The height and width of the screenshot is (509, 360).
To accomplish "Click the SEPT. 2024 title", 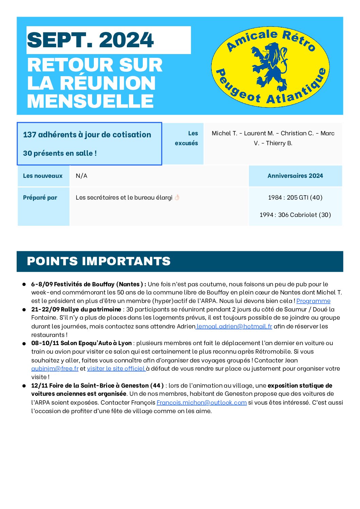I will [90, 40].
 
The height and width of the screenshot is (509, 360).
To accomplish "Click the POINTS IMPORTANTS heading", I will [99, 261].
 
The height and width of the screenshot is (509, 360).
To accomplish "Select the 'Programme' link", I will [313, 301].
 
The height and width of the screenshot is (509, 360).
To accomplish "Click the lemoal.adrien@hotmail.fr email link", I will [234, 326].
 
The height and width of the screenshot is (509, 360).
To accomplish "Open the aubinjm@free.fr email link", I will [55, 369].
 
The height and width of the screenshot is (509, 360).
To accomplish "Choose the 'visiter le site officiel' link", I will [116, 369].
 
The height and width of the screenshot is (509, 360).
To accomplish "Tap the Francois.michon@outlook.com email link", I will [202, 403].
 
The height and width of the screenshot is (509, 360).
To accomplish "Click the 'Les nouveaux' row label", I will [43, 176].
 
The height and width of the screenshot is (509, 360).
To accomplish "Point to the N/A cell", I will [82, 176].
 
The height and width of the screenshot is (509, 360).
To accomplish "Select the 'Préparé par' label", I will [40, 198].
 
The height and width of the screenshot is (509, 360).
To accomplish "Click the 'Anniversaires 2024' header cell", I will [295, 176].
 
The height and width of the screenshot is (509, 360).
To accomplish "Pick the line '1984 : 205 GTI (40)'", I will [295, 198].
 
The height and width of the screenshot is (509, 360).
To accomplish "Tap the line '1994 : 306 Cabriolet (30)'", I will [295, 215].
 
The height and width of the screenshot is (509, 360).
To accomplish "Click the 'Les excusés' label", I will [187, 138].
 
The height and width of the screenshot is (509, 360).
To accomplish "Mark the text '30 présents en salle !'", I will [60, 153].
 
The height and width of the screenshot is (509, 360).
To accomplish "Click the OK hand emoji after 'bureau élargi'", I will [177, 198].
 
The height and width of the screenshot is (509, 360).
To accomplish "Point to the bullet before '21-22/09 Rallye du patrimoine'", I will [24, 310].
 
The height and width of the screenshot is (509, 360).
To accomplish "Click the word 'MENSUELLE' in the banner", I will [90, 101].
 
